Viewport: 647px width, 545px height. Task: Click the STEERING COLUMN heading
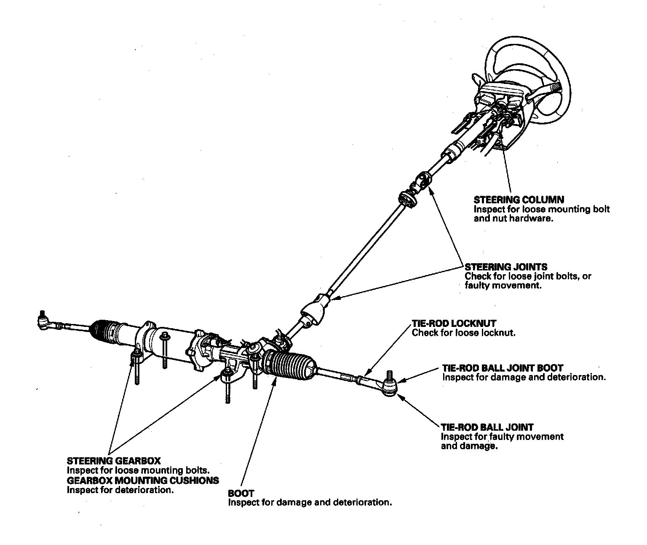tap(519, 200)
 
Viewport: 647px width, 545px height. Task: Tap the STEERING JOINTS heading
tap(506, 267)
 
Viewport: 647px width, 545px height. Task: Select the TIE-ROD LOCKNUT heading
tap(454, 324)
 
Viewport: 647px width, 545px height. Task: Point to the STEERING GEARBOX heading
tap(114, 461)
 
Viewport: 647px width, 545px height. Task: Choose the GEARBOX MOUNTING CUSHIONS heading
tap(143, 480)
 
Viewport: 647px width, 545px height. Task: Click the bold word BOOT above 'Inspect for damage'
tap(241, 493)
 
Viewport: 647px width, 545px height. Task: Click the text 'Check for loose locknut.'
tap(463, 333)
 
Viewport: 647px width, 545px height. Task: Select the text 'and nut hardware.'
tap(513, 219)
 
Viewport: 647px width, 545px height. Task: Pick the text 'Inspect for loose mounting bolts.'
tap(138, 470)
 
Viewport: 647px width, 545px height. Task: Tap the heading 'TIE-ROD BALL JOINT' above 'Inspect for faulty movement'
tap(487, 427)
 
